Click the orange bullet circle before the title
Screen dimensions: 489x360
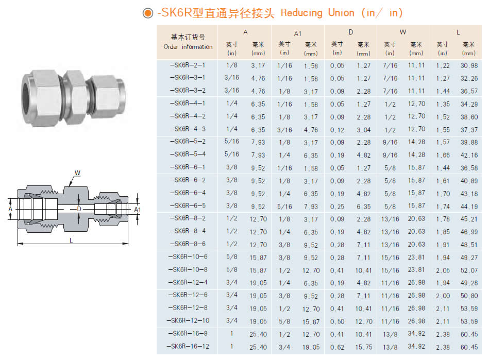[x=148, y=13]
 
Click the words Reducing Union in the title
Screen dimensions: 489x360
[x=317, y=13]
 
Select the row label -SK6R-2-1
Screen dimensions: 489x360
[x=188, y=65]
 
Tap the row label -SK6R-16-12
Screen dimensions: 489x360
[x=188, y=346]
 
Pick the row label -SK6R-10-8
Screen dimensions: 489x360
[x=188, y=269]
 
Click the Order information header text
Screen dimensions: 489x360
[x=188, y=47]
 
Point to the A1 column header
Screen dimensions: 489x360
[x=297, y=33]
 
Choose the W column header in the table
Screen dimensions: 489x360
[x=403, y=32]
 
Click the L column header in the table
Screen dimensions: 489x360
[x=458, y=32]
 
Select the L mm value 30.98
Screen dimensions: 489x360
[x=469, y=66]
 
